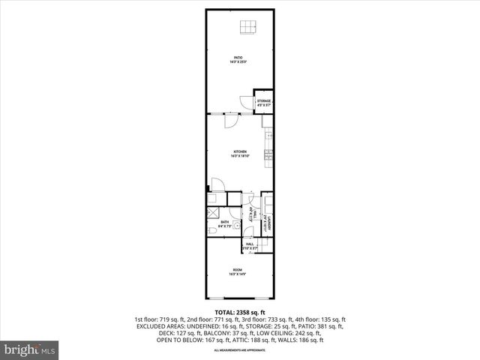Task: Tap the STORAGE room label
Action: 264,102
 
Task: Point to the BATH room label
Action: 223,223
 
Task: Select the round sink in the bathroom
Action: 237,224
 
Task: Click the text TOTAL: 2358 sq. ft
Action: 240,311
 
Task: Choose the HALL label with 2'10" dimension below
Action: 250,245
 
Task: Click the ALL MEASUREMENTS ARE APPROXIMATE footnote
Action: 240,350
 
